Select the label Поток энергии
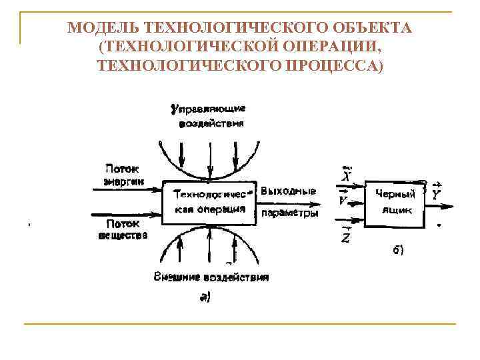pyautogui.click(x=124, y=175)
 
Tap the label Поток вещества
pyautogui.click(x=123, y=230)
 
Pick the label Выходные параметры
pyautogui.click(x=289, y=202)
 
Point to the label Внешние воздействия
pyautogui.click(x=211, y=277)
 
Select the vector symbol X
pyautogui.click(x=345, y=175)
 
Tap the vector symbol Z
pyautogui.click(x=345, y=235)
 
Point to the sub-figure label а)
pyautogui.click(x=205, y=298)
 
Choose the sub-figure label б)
pyautogui.click(x=397, y=250)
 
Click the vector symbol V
pyautogui.click(x=343, y=200)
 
